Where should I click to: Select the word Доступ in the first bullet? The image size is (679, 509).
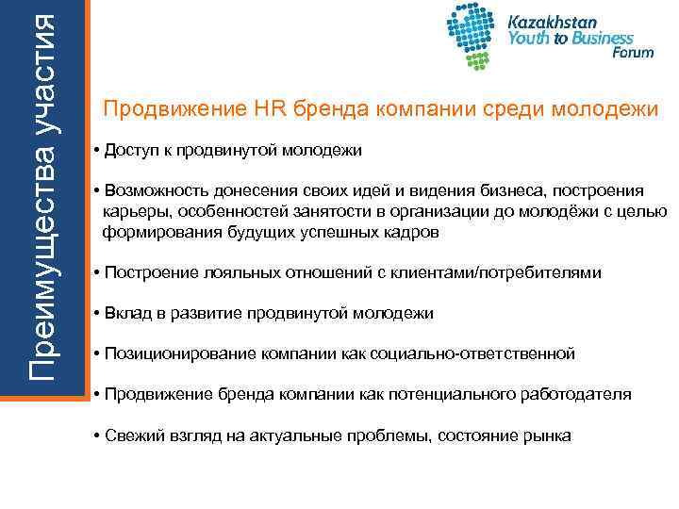(x=133, y=151)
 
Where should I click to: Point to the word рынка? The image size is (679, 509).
(x=547, y=435)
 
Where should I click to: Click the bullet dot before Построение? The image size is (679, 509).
(x=97, y=273)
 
